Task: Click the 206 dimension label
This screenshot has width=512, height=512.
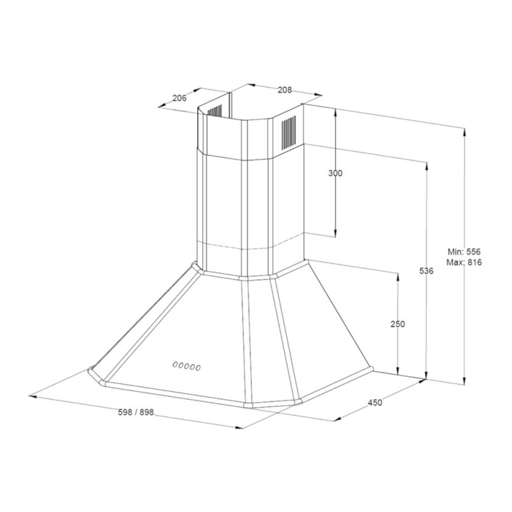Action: coord(179,98)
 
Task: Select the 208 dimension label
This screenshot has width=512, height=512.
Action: coord(285,90)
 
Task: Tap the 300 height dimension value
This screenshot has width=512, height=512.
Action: coord(335,173)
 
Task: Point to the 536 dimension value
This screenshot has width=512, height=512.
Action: coord(427,271)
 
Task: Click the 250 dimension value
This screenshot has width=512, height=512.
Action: coord(397,324)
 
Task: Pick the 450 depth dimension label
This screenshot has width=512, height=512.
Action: coord(375,403)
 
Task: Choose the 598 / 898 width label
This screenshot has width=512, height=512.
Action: coord(136,412)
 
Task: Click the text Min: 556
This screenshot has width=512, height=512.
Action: coord(464,252)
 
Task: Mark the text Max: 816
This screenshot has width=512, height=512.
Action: coord(464,262)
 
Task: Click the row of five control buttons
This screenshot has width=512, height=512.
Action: coord(187,366)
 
